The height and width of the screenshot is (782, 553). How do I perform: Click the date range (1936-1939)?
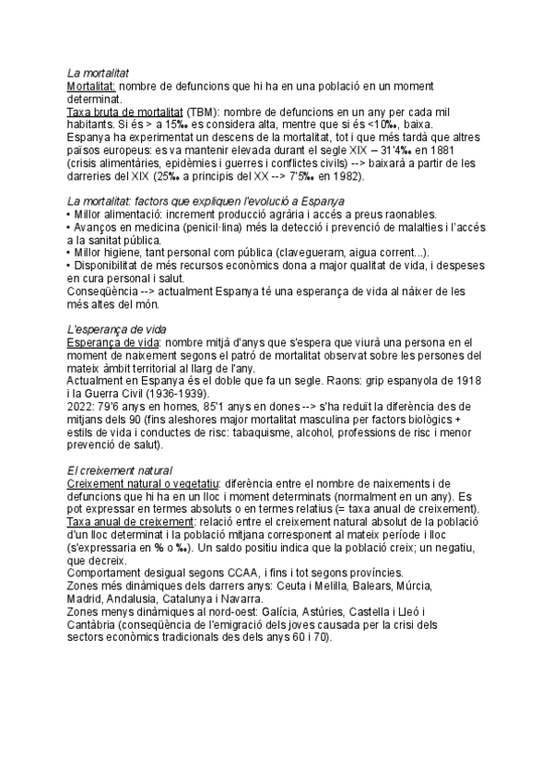coord(188,394)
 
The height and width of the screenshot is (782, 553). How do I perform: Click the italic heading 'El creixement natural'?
coord(120,470)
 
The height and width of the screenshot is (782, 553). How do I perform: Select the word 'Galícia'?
coord(280,610)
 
